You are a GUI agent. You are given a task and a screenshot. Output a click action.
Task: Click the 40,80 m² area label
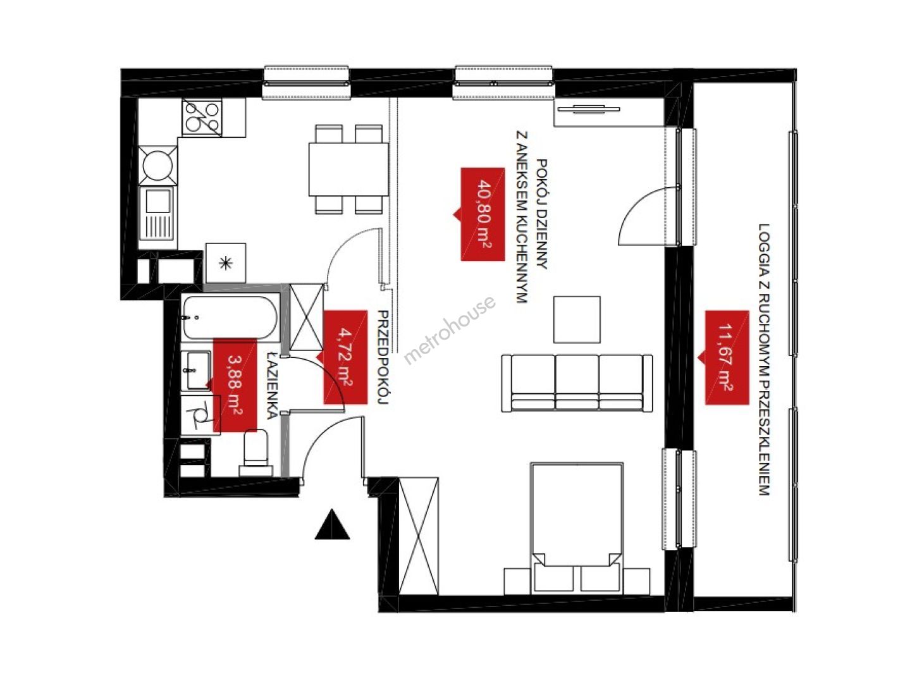pyautogui.click(x=483, y=214)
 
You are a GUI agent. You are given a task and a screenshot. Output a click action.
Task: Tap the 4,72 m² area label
pyautogui.click(x=345, y=357)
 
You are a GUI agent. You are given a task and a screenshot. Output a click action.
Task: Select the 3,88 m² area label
pyautogui.click(x=235, y=385)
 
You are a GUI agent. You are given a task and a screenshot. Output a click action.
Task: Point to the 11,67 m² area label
pyautogui.click(x=726, y=357)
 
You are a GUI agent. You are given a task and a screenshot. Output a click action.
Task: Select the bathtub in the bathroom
pyautogui.click(x=230, y=317)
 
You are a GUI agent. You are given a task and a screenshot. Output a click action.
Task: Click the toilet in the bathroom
pyautogui.click(x=256, y=453)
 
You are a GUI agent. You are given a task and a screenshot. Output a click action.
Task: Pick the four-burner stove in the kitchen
pyautogui.click(x=202, y=118)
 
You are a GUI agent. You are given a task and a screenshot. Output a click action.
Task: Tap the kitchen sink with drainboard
pyautogui.click(x=157, y=213)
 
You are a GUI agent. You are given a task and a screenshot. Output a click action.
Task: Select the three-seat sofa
pyautogui.click(x=576, y=383)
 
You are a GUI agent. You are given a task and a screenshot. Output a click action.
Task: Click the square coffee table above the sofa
pyautogui.click(x=576, y=319)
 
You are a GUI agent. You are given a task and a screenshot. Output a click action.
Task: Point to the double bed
pyautogui.click(x=576, y=528)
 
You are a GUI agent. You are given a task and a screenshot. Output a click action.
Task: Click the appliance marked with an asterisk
pyautogui.click(x=226, y=262)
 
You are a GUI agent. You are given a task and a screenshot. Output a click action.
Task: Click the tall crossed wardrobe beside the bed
pyautogui.click(x=418, y=536)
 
